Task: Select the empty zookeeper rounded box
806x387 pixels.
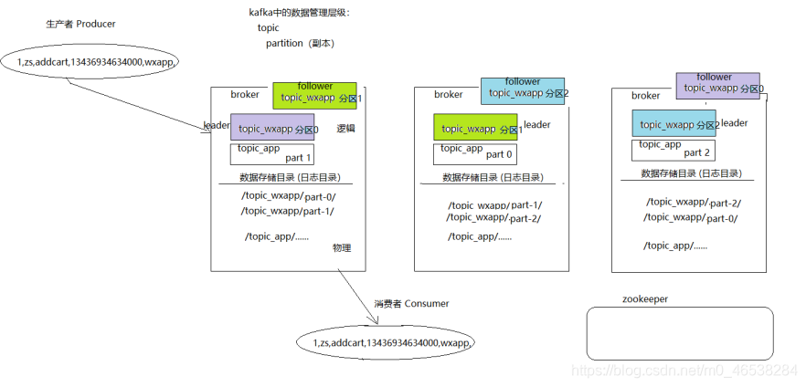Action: point(679,332)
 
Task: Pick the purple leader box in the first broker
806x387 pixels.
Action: point(272,128)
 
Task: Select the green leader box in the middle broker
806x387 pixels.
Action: point(474,129)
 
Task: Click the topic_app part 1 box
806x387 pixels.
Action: point(272,153)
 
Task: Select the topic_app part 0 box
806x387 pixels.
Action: point(475,152)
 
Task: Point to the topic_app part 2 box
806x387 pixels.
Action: point(673,149)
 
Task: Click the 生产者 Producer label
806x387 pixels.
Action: point(80,24)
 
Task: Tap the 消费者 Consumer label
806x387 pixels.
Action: point(411,303)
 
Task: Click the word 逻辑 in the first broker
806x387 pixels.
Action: point(345,128)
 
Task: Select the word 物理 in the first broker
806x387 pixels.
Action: point(342,247)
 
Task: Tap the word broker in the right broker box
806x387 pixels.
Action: point(645,95)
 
